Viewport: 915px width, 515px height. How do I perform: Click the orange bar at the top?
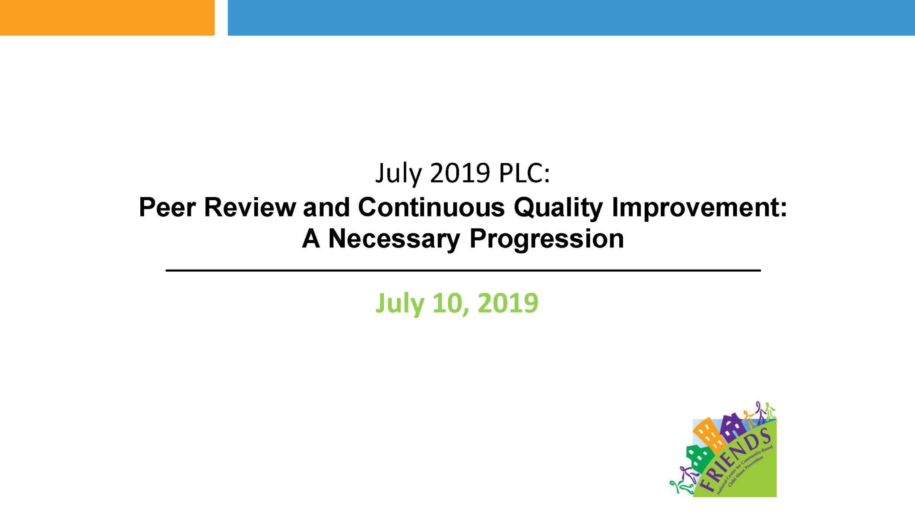[107, 17]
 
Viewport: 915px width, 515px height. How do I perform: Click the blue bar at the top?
[571, 17]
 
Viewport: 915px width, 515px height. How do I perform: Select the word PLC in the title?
[524, 173]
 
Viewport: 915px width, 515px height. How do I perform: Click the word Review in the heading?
[250, 208]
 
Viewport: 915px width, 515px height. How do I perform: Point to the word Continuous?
[431, 208]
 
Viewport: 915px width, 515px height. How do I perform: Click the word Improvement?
[699, 208]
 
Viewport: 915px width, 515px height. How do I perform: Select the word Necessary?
[394, 239]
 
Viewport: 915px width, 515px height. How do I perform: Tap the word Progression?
[546, 239]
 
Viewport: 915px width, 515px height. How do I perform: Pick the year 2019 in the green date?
[508, 303]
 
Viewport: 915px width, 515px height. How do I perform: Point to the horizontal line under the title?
[463, 270]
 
